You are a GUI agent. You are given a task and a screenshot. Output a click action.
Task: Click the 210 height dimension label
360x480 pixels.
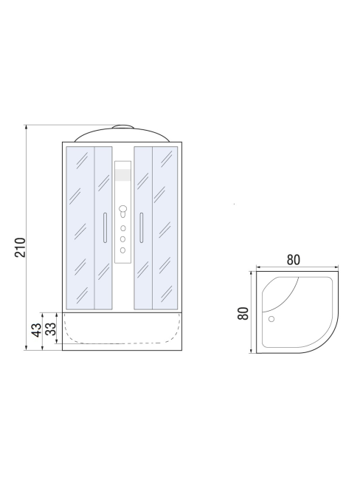coord(21,247)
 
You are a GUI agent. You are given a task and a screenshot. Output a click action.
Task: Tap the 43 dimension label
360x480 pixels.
coord(37,329)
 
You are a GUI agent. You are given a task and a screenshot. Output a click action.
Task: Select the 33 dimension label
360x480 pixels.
coord(51,329)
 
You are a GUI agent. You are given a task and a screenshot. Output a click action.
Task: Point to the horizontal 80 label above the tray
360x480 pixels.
coord(294,260)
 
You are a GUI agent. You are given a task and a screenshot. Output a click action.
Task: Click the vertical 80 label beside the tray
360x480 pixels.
coord(243,313)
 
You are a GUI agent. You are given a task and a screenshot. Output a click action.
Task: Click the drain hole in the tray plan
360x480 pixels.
coord(271,319)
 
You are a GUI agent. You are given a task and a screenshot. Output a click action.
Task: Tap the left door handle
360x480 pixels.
coord(105,227)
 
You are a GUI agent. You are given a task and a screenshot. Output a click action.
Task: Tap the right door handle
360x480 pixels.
coord(142,227)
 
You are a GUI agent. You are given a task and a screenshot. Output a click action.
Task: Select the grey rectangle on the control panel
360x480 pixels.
coord(122,175)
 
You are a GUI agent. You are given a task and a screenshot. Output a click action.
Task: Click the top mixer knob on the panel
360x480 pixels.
coord(123,209)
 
